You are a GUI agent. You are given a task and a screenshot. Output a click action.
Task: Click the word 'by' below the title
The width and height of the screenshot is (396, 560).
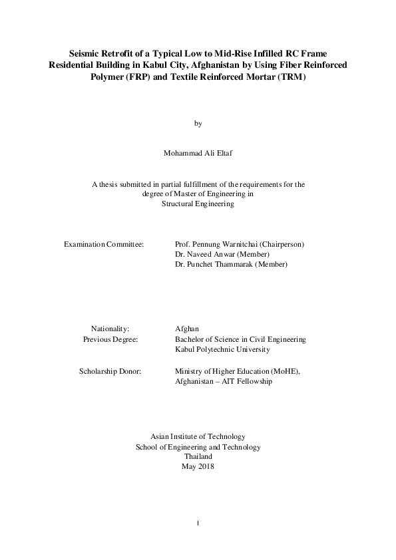pos(198,124)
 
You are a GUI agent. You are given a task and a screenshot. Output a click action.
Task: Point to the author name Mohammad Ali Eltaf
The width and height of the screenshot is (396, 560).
pos(198,152)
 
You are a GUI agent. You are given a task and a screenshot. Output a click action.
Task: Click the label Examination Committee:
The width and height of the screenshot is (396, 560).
pos(104,244)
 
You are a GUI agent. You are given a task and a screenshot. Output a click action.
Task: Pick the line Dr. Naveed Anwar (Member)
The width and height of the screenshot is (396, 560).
pos(222,254)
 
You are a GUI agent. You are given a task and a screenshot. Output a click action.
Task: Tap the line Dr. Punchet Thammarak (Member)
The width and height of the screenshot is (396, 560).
pos(231,264)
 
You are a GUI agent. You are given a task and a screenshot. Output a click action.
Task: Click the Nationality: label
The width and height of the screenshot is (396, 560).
pos(110,329)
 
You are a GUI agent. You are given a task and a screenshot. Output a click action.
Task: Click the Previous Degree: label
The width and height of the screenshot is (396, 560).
pos(110,339)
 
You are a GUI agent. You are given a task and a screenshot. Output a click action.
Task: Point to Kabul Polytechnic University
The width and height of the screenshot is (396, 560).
pos(222,349)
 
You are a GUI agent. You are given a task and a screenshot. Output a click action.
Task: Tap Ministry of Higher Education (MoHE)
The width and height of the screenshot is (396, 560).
pos(237,371)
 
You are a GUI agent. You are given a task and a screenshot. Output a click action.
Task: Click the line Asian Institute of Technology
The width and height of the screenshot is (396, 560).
pos(198,437)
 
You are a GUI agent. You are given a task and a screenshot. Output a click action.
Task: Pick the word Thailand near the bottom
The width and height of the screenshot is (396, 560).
pos(198,457)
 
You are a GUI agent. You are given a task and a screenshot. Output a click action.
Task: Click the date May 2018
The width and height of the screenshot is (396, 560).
pos(198,467)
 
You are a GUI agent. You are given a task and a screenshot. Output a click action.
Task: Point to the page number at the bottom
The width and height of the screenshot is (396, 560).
pos(198,523)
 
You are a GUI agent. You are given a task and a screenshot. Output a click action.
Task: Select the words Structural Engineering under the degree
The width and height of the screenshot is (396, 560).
pos(198,204)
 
